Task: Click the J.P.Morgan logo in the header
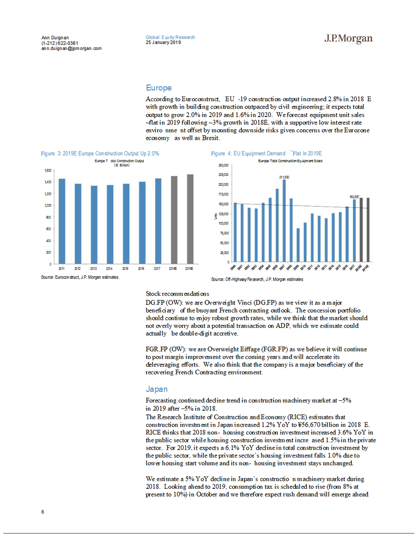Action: (x=348, y=39)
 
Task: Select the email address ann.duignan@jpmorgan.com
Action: (x=72, y=49)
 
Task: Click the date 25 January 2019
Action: (x=163, y=43)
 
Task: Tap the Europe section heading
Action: (x=158, y=88)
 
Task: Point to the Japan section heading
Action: (x=157, y=389)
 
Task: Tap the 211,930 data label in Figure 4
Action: (x=284, y=177)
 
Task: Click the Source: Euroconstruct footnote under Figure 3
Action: (x=79, y=277)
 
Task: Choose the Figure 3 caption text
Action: (x=100, y=154)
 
